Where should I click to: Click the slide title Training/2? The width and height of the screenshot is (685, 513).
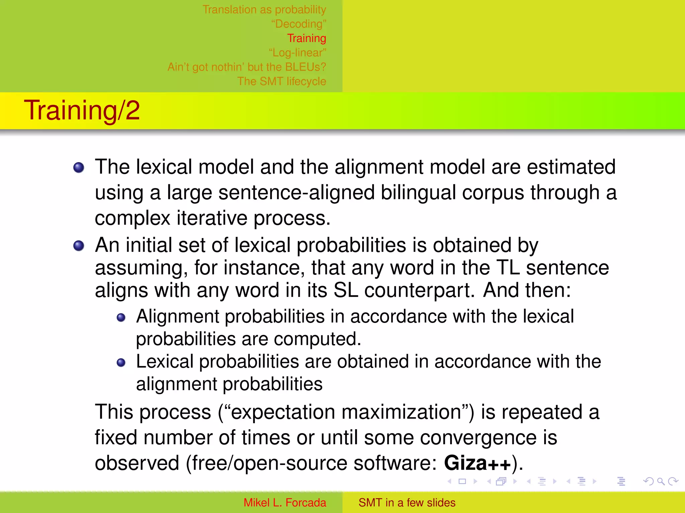[x=82, y=110]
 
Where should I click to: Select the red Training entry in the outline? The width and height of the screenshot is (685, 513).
[x=306, y=38]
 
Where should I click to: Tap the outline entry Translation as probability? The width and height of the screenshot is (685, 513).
[x=264, y=10]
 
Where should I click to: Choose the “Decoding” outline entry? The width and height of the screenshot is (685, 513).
[x=298, y=24]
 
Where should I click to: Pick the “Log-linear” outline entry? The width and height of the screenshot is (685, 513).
[x=297, y=53]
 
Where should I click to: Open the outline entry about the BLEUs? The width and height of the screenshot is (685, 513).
[x=247, y=67]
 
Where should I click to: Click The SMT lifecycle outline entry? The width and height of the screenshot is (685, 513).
[x=282, y=81]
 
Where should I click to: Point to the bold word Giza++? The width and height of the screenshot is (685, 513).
[x=477, y=464]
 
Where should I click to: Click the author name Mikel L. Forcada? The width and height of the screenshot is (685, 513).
[x=285, y=503]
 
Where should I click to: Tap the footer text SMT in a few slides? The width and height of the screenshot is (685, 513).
[x=407, y=503]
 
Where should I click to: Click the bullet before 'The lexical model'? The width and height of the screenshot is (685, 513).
[x=79, y=167]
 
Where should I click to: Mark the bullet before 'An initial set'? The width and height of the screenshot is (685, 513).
[x=79, y=246]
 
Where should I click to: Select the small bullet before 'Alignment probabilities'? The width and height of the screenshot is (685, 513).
[x=121, y=317]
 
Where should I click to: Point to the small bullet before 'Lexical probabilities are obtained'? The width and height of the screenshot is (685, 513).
[x=121, y=362]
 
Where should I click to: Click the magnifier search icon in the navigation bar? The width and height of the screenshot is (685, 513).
[x=661, y=481]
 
